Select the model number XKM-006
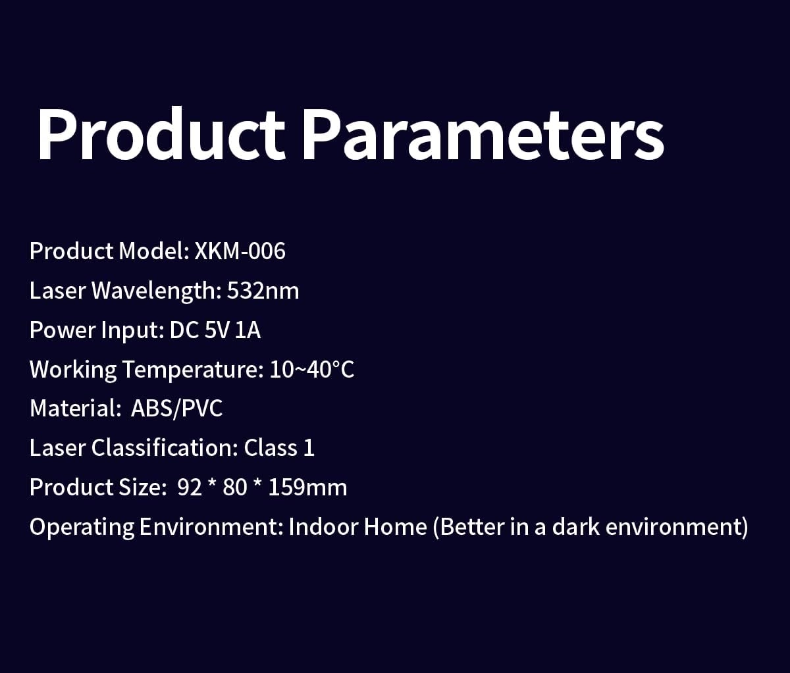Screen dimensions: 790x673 click(x=240, y=251)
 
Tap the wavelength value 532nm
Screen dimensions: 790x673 click(x=263, y=290)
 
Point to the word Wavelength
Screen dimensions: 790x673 click(x=156, y=291)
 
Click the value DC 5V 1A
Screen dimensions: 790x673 click(x=215, y=330)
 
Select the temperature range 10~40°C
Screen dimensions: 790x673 click(x=312, y=369)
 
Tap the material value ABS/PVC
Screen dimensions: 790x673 click(x=176, y=409)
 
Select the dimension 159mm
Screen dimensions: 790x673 click(x=307, y=487)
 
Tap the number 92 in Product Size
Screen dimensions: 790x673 click(x=190, y=487)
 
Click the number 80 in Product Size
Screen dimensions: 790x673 click(x=234, y=487)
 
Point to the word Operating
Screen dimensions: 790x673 click(x=82, y=528)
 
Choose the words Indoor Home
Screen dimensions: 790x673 click(x=357, y=527)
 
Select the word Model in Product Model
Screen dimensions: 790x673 click(x=154, y=251)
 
